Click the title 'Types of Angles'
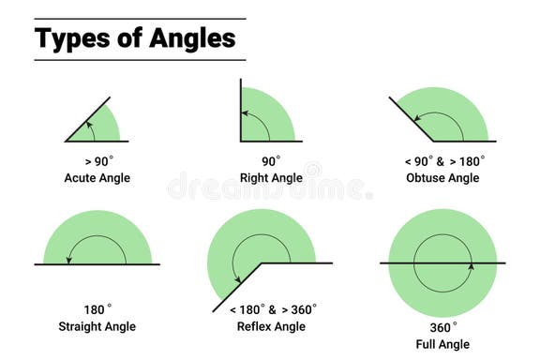(135, 39)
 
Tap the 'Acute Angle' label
(97, 177)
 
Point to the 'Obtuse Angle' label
(444, 177)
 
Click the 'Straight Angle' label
(97, 326)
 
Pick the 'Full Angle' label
(444, 344)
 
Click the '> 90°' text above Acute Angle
(97, 160)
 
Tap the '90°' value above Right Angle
(271, 160)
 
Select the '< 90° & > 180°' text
(443, 160)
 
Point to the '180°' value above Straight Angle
(97, 308)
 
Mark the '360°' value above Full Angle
(443, 326)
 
